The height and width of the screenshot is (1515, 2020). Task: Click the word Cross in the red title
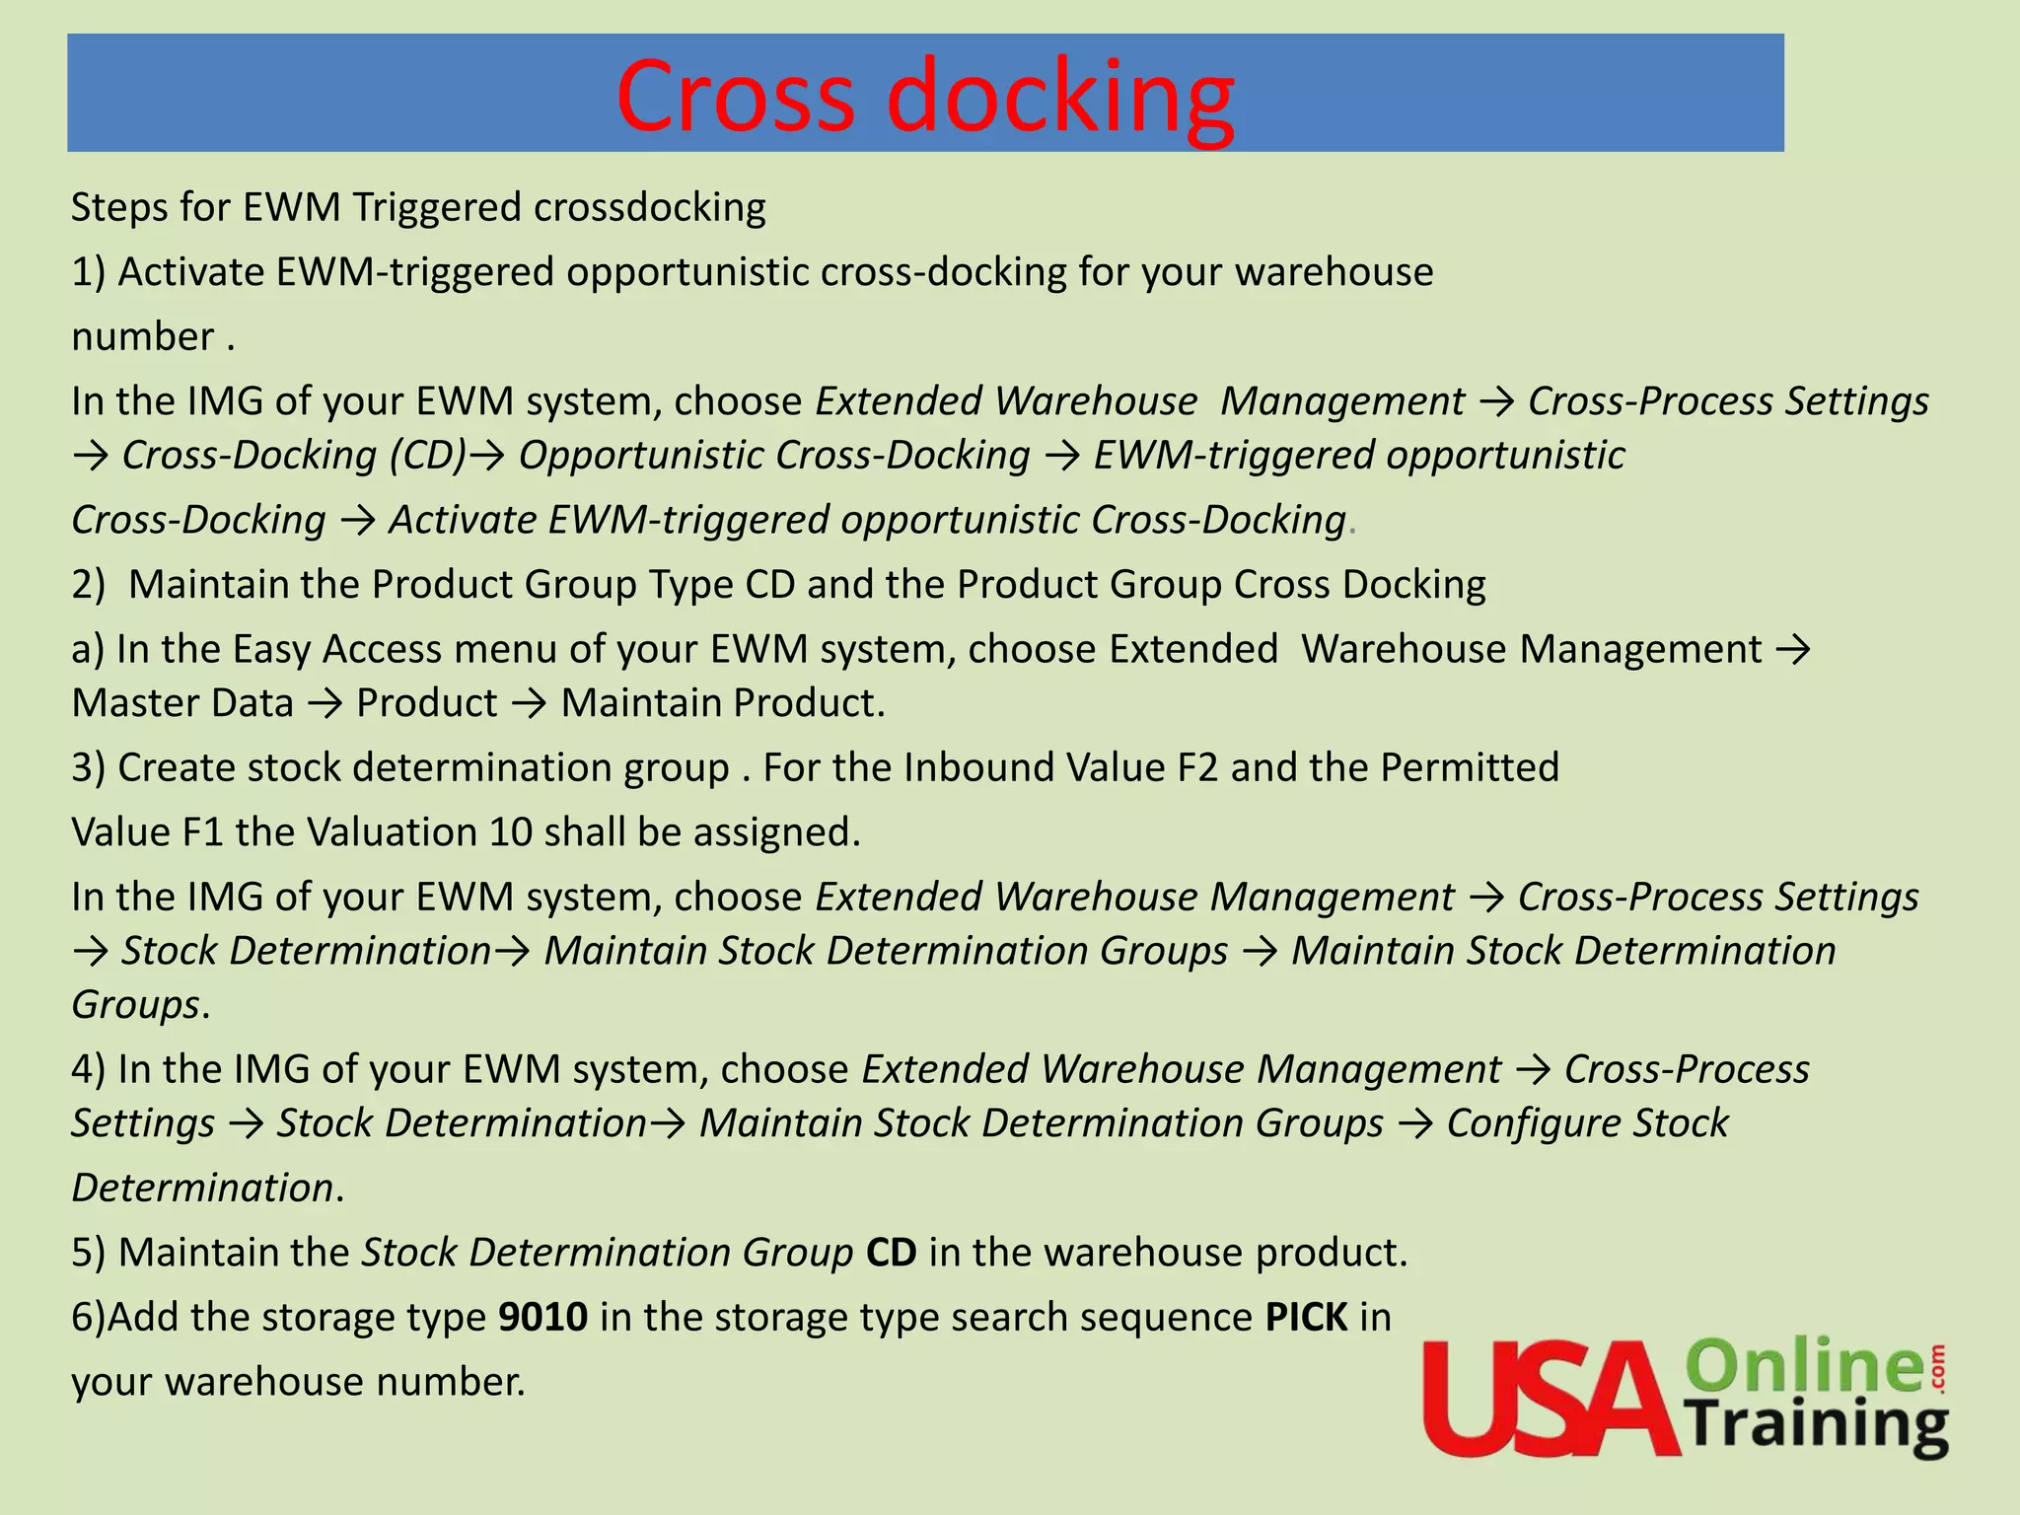click(735, 96)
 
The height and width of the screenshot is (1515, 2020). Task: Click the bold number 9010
click(543, 1318)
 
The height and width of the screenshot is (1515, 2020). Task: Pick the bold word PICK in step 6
click(1307, 1318)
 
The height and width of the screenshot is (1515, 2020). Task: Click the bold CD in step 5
click(891, 1253)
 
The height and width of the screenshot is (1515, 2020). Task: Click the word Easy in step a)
click(272, 650)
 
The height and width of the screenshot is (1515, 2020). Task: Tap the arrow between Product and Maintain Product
click(530, 704)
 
